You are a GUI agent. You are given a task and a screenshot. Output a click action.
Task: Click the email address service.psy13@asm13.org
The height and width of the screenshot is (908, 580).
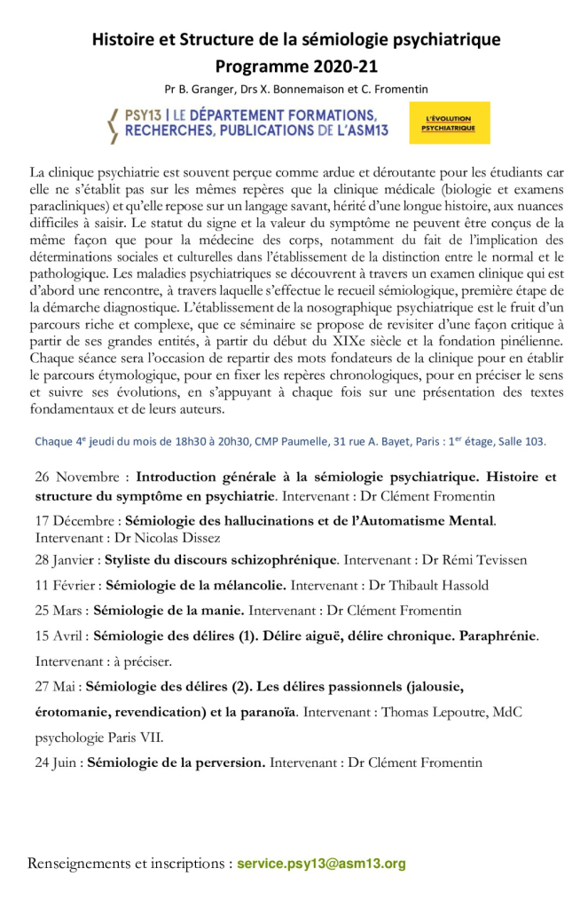321,863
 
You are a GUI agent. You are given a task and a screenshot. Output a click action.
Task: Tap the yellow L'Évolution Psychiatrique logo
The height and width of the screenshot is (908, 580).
449,123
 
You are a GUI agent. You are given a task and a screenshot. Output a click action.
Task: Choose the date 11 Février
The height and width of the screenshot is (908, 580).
67,585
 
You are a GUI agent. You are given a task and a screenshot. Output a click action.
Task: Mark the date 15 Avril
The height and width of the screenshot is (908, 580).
60,636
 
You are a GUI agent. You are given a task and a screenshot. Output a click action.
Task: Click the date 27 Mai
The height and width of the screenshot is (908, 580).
58,686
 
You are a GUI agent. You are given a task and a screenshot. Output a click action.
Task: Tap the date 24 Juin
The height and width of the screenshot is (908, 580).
59,762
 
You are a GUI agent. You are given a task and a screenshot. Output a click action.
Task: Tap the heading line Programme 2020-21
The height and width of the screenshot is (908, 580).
296,67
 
